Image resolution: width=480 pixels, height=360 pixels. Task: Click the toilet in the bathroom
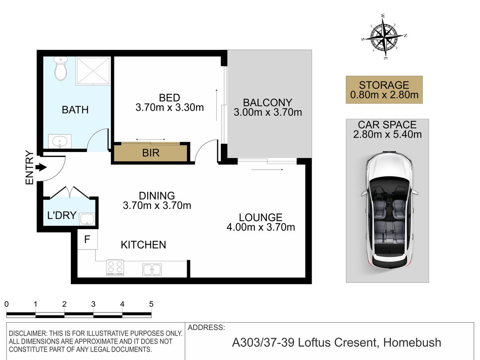pyautogui.click(x=60, y=68)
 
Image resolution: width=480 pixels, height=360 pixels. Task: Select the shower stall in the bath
pyautogui.click(x=93, y=71)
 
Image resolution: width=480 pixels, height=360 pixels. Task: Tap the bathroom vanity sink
pyautogui.click(x=60, y=142)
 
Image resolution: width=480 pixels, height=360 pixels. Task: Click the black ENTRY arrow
pyautogui.click(x=41, y=168)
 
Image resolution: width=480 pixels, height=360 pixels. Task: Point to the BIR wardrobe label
pyautogui.click(x=151, y=153)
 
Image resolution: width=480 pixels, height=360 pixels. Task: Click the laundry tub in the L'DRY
pyautogui.click(x=87, y=219)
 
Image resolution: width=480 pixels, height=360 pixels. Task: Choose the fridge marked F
pyautogui.click(x=87, y=239)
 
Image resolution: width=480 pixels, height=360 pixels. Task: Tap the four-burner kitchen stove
pyautogui.click(x=115, y=268)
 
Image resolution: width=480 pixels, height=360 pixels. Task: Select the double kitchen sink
pyautogui.click(x=152, y=269)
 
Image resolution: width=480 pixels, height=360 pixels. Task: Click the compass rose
pyautogui.click(x=384, y=36)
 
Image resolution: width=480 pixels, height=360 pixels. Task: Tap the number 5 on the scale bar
pyautogui.click(x=151, y=304)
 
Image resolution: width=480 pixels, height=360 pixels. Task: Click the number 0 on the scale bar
pyautogui.click(x=6, y=304)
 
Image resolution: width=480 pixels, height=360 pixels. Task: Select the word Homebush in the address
pyautogui.click(x=412, y=342)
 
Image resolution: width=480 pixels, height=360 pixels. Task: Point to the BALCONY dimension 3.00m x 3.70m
pyautogui.click(x=268, y=112)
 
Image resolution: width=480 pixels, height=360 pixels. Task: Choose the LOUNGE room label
pyautogui.click(x=260, y=218)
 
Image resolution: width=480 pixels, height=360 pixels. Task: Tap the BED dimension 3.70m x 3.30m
pyautogui.click(x=170, y=108)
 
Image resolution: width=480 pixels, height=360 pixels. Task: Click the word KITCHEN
pyautogui.click(x=144, y=245)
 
